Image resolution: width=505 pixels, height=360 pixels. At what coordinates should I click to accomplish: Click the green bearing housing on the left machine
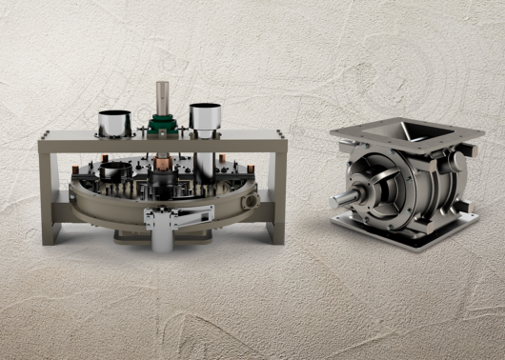[161, 123]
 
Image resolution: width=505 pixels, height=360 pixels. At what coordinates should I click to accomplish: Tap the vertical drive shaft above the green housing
[161, 96]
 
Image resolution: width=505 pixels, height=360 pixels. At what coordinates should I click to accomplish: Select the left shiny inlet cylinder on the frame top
[115, 122]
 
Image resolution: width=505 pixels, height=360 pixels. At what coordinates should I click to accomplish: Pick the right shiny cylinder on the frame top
[205, 119]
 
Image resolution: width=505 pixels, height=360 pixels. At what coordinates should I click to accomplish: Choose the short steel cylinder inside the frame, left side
[115, 172]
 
